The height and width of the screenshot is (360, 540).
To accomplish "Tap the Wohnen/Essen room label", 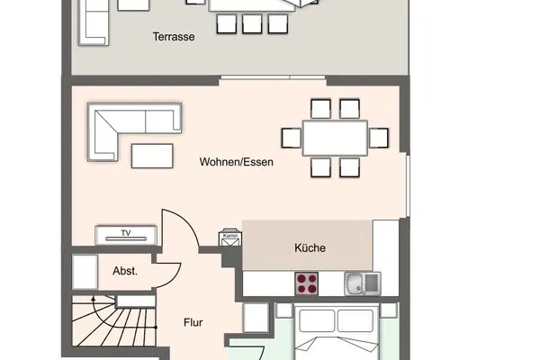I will [237, 163].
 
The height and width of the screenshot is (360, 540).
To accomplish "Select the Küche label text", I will [310, 248].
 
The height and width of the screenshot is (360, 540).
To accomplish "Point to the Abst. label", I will [124, 271].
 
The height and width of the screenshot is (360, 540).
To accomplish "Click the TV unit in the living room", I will [127, 235].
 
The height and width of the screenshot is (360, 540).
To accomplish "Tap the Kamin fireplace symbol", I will [229, 238].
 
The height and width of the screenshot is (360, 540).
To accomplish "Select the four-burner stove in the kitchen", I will [308, 283].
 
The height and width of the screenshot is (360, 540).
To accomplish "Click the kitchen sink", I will [362, 283].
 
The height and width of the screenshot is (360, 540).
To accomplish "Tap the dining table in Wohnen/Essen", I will [335, 138].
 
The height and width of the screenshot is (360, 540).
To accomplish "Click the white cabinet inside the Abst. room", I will [84, 270].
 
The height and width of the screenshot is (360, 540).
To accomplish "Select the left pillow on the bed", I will [318, 320].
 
